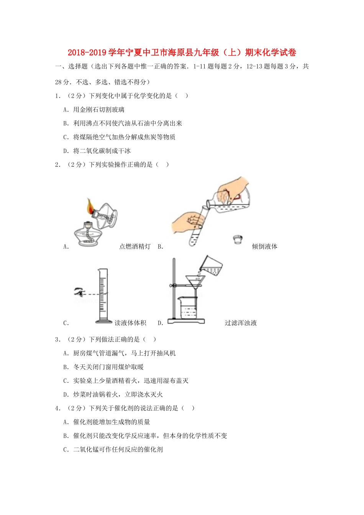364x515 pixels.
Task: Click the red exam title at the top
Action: pos(182,52)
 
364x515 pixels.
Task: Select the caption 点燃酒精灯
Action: pos(135,246)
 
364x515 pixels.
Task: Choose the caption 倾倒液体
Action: pos(264,246)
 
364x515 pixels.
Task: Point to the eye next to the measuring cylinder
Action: pos(80,292)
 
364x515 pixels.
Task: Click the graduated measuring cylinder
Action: pos(103,295)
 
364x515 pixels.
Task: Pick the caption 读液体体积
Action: pos(130,323)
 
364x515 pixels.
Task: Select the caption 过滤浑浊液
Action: pos(241,323)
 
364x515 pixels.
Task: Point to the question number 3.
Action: pos(57,340)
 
